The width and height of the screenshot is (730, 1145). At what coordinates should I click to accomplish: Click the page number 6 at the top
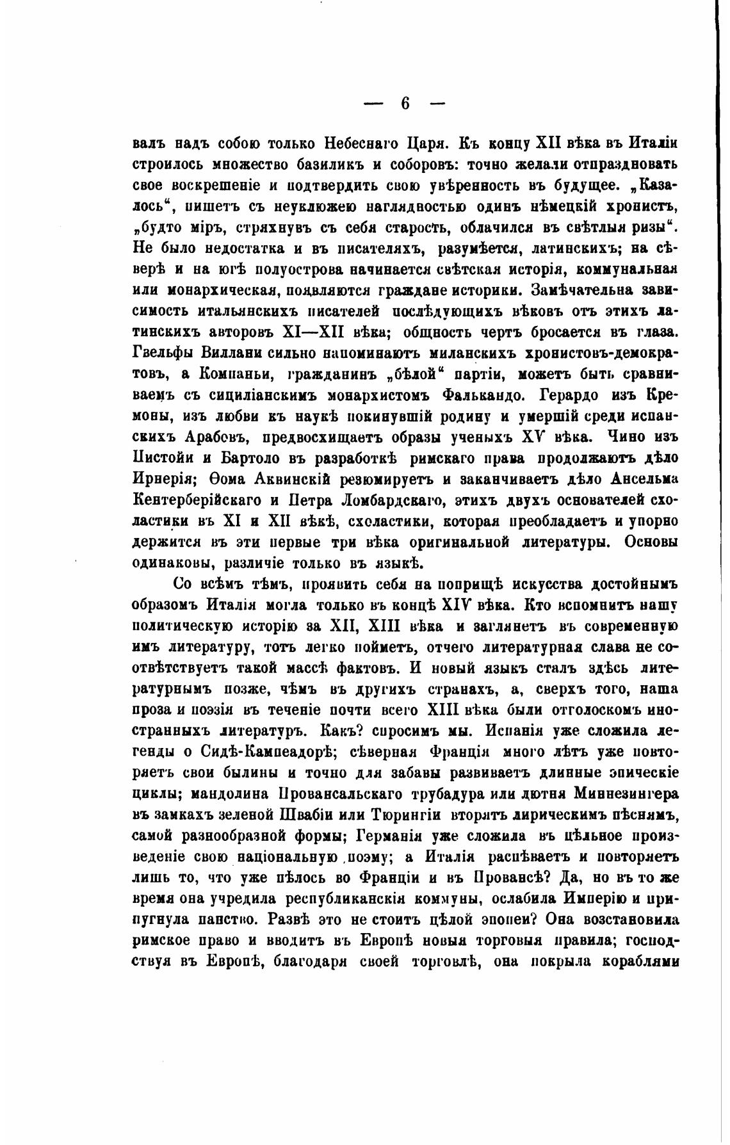(x=404, y=102)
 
